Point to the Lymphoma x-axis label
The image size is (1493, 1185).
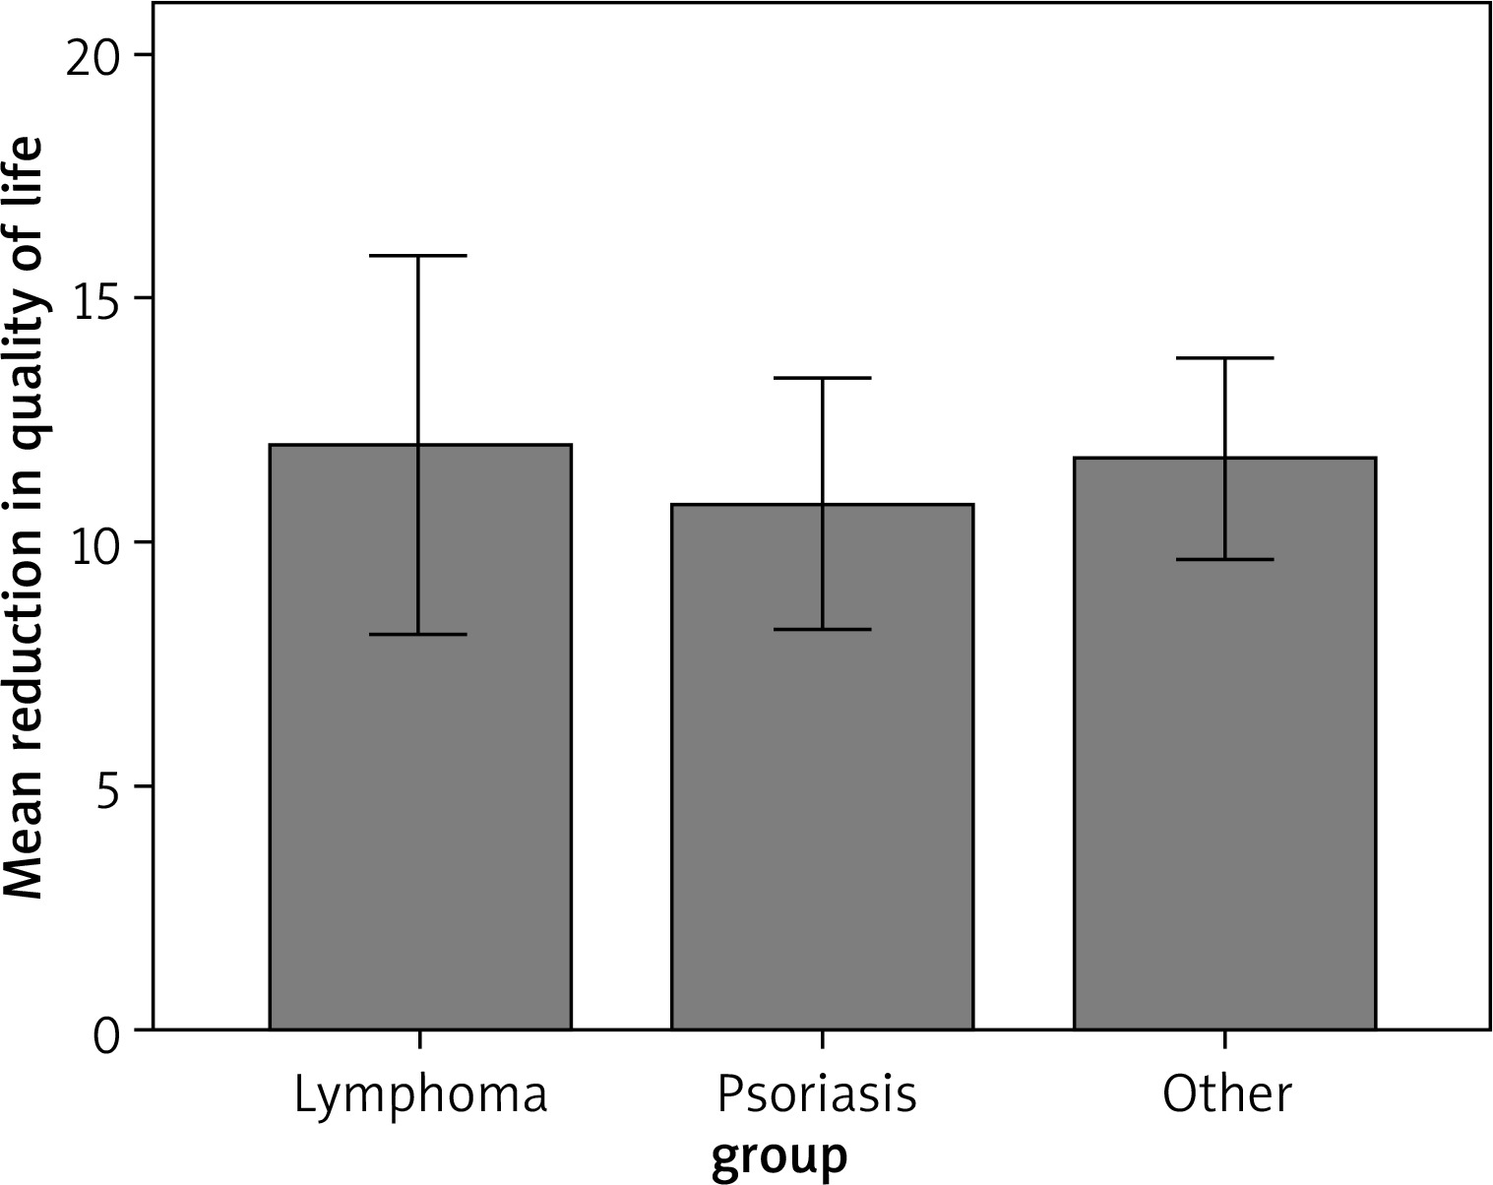pyautogui.click(x=420, y=1095)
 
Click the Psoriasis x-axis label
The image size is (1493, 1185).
pyautogui.click(x=817, y=1095)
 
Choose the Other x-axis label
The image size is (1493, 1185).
pyautogui.click(x=1226, y=1093)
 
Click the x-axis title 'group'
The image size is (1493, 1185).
pyautogui.click(x=778, y=1157)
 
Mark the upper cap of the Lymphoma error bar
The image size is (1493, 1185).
pyautogui.click(x=419, y=256)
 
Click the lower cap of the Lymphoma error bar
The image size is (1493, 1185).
pyautogui.click(x=419, y=634)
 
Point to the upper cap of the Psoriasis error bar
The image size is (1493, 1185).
pyautogui.click(x=822, y=378)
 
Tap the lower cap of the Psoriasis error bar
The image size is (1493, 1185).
pyautogui.click(x=822, y=629)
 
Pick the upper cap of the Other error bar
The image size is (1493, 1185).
pyautogui.click(x=1224, y=358)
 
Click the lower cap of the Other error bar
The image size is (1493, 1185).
pyautogui.click(x=1224, y=559)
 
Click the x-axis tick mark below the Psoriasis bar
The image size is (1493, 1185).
pyautogui.click(x=822, y=1040)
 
